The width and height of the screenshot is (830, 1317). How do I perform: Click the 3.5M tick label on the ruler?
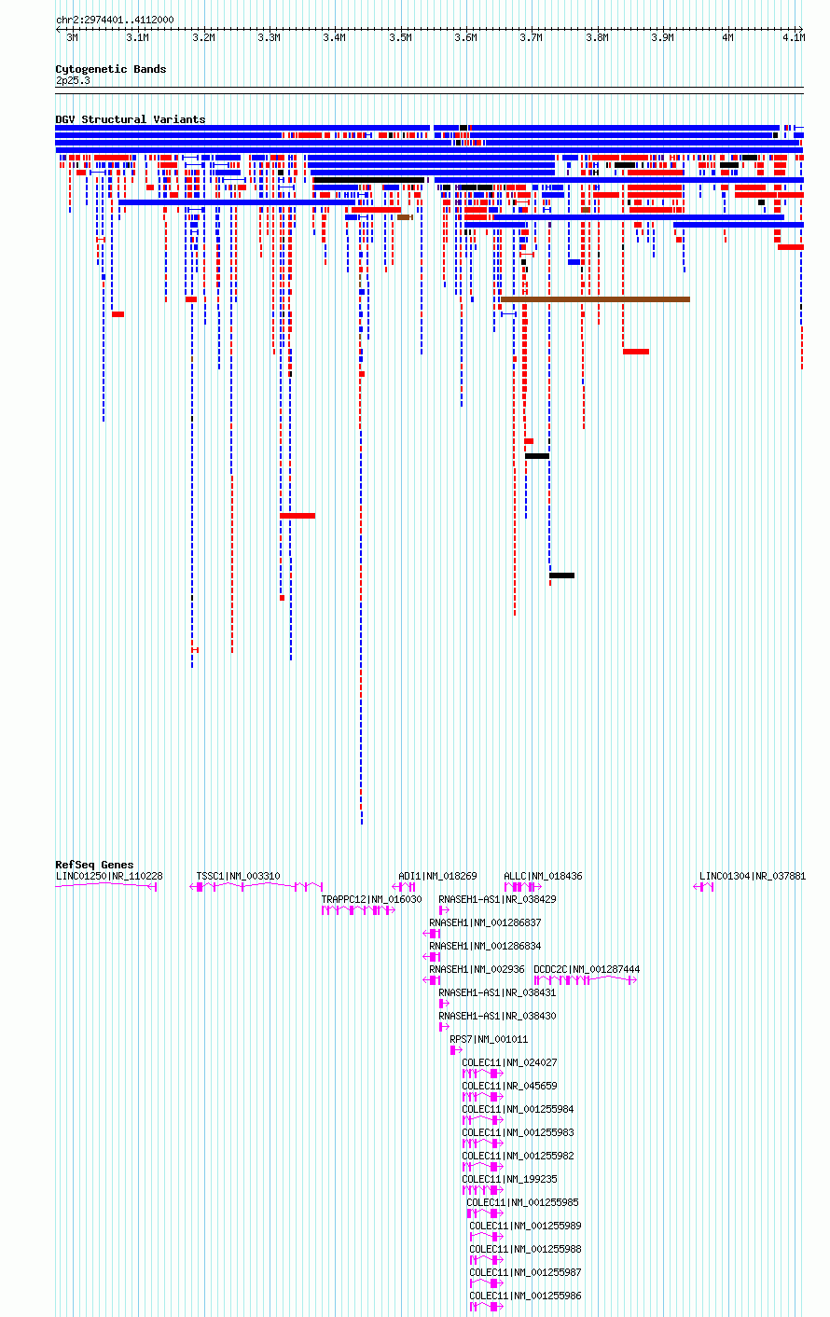click(x=400, y=37)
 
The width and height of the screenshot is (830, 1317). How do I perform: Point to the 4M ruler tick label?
click(x=727, y=37)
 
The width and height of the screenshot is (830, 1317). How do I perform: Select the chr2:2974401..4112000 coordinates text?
click(x=115, y=20)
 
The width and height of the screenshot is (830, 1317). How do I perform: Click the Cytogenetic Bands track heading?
click(x=110, y=69)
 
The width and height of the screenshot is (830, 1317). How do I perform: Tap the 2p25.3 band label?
click(x=73, y=80)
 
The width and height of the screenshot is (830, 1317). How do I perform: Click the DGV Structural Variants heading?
click(x=131, y=119)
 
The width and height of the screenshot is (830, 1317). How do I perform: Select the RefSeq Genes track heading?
click(x=94, y=865)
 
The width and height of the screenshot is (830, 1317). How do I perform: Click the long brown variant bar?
click(x=596, y=299)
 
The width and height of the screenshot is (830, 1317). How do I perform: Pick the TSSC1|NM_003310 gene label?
click(x=238, y=876)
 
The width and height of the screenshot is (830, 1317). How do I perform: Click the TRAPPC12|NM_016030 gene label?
click(x=371, y=899)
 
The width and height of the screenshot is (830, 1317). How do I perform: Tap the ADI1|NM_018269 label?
click(x=438, y=876)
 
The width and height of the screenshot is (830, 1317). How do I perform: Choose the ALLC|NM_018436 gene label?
click(x=543, y=876)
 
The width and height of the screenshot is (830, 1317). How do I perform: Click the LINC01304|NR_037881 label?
click(x=753, y=876)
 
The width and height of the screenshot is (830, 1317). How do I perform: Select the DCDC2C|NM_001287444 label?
click(x=587, y=969)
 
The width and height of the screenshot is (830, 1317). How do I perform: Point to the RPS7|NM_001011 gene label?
click(x=489, y=1039)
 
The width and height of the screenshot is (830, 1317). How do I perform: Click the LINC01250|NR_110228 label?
click(x=109, y=876)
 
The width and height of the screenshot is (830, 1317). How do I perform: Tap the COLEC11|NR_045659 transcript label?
click(x=509, y=1086)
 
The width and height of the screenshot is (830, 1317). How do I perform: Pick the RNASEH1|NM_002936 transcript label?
click(x=477, y=969)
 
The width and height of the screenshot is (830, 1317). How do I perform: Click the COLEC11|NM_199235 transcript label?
click(x=509, y=1179)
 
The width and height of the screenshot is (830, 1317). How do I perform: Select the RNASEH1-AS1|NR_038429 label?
click(x=497, y=899)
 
